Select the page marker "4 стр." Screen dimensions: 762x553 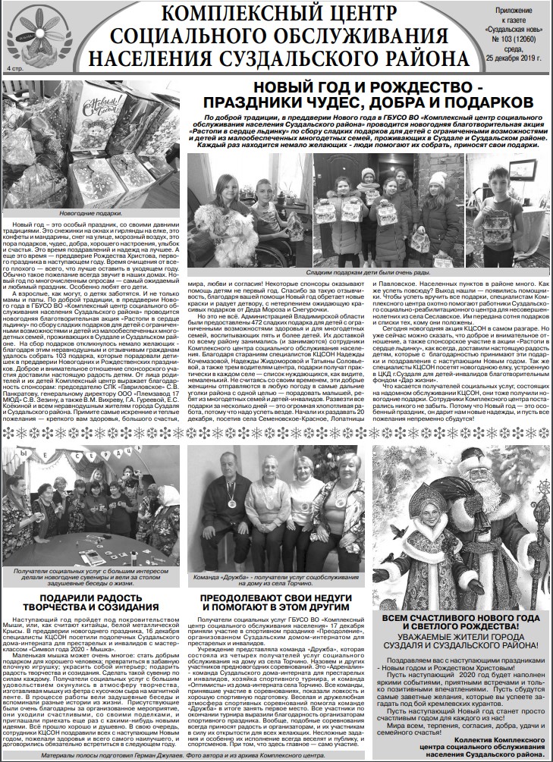[14, 69]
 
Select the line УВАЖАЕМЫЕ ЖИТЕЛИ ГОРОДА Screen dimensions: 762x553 [460, 640]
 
